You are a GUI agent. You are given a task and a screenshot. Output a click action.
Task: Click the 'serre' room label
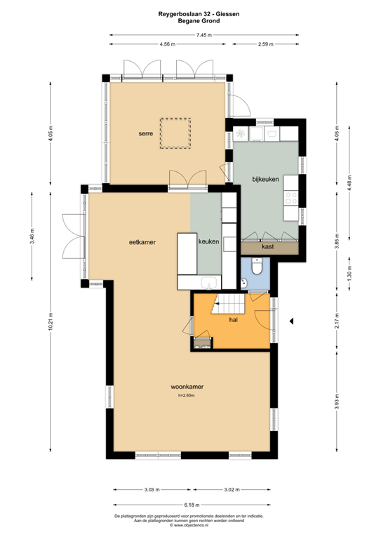pyautogui.click(x=147, y=132)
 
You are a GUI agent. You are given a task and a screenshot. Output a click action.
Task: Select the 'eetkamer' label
pyautogui.click(x=142, y=242)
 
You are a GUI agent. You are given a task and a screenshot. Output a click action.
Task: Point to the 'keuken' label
pyautogui.click(x=209, y=242)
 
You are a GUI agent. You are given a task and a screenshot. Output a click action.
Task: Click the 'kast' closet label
pyautogui.click(x=267, y=247)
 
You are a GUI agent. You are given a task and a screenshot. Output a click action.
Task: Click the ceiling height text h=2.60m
pyautogui.click(x=186, y=396)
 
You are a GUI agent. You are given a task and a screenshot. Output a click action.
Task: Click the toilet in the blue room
pyautogui.click(x=258, y=267)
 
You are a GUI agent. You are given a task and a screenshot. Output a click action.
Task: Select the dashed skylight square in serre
pyautogui.click(x=175, y=133)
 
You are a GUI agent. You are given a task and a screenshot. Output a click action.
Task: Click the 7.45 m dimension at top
pyautogui.click(x=203, y=35)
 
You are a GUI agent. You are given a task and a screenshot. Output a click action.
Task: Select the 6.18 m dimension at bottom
pyautogui.click(x=192, y=505)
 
